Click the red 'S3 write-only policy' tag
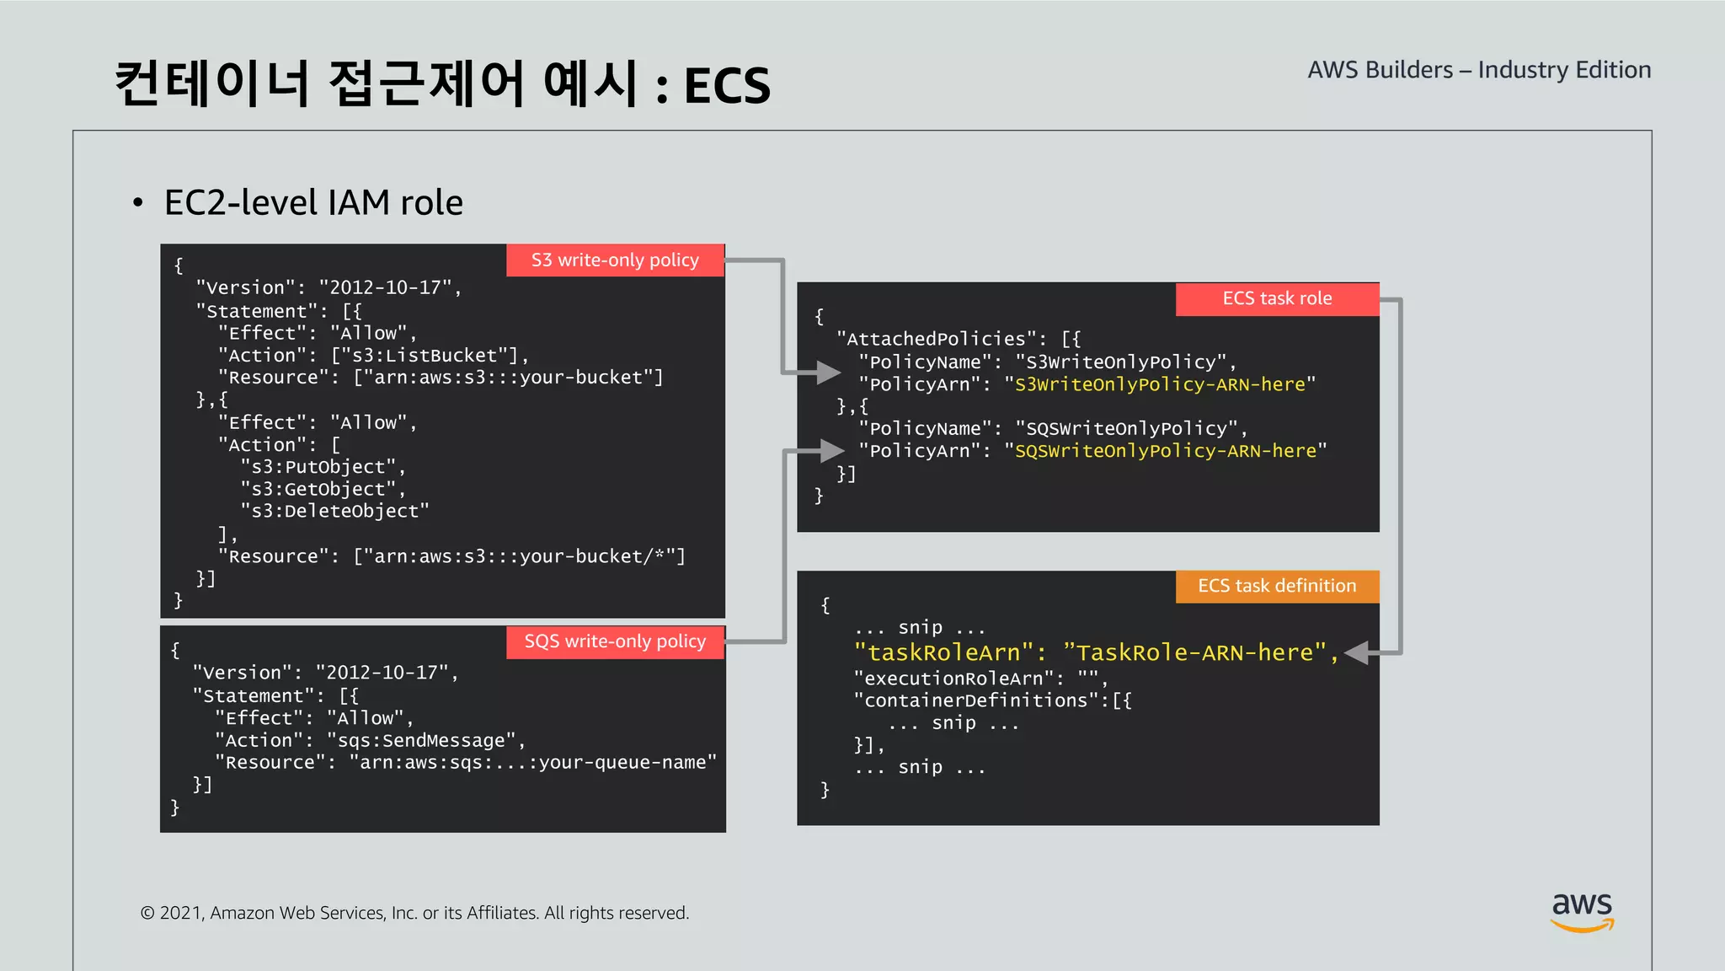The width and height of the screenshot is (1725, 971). [615, 260]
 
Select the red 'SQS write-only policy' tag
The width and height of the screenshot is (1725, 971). [615, 641]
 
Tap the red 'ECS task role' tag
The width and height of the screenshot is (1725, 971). [1277, 298]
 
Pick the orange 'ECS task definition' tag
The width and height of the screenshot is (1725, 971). [1277, 586]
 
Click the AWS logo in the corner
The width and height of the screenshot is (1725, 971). [1582, 910]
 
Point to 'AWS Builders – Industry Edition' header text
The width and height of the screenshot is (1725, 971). [1479, 69]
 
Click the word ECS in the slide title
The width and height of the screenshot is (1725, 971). [727, 85]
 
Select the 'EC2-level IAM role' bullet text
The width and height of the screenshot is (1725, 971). [313, 202]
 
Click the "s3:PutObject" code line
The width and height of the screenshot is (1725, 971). [323, 467]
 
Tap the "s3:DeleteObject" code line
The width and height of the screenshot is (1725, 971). [335, 511]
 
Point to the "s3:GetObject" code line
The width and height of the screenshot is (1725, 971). [323, 489]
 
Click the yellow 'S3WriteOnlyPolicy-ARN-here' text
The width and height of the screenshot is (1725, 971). [1160, 384]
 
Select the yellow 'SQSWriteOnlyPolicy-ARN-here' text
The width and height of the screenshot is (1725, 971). [1166, 451]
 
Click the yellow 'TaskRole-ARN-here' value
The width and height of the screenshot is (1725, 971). [1194, 652]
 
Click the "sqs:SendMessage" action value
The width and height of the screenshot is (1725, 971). [421, 740]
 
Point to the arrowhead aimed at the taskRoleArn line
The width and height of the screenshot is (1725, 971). [1357, 652]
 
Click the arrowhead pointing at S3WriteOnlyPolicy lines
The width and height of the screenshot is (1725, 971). [829, 372]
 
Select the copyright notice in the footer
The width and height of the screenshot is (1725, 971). [414, 913]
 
